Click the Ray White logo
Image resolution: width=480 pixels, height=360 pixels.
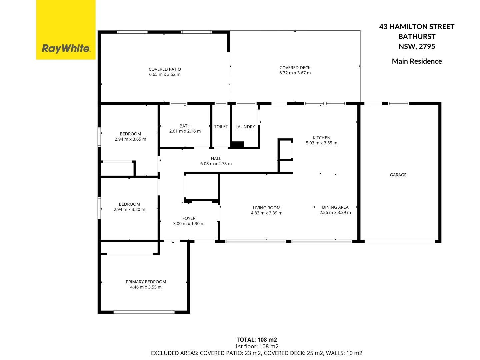(66, 49)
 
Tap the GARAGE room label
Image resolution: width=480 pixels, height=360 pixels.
(398, 175)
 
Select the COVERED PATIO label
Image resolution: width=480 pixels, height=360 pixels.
(165, 69)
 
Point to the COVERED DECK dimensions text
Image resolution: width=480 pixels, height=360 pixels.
(295, 73)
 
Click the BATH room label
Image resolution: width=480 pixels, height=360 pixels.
(185, 126)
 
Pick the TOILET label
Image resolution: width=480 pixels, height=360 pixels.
(221, 127)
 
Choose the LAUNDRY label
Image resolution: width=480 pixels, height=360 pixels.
(245, 127)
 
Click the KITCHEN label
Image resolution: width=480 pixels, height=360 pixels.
(321, 138)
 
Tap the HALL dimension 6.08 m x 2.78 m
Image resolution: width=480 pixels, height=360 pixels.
(216, 164)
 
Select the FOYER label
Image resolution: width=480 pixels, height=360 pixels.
(189, 218)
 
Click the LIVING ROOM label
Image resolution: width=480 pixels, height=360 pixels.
(267, 208)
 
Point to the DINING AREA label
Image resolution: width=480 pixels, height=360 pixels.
(335, 207)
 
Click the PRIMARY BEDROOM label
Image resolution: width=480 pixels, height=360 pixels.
(146, 282)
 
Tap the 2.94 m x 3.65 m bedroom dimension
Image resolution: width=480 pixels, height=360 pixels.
(130, 139)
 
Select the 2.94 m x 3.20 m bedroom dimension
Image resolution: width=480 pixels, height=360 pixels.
(129, 210)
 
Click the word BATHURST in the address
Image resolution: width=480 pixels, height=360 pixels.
(417, 37)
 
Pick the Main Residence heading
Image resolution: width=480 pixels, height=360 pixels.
(417, 61)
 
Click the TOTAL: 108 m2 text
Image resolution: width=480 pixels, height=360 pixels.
(257, 340)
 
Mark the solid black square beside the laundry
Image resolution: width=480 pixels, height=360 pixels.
(238, 145)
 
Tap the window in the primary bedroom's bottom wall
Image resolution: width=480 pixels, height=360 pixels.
(144, 312)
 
